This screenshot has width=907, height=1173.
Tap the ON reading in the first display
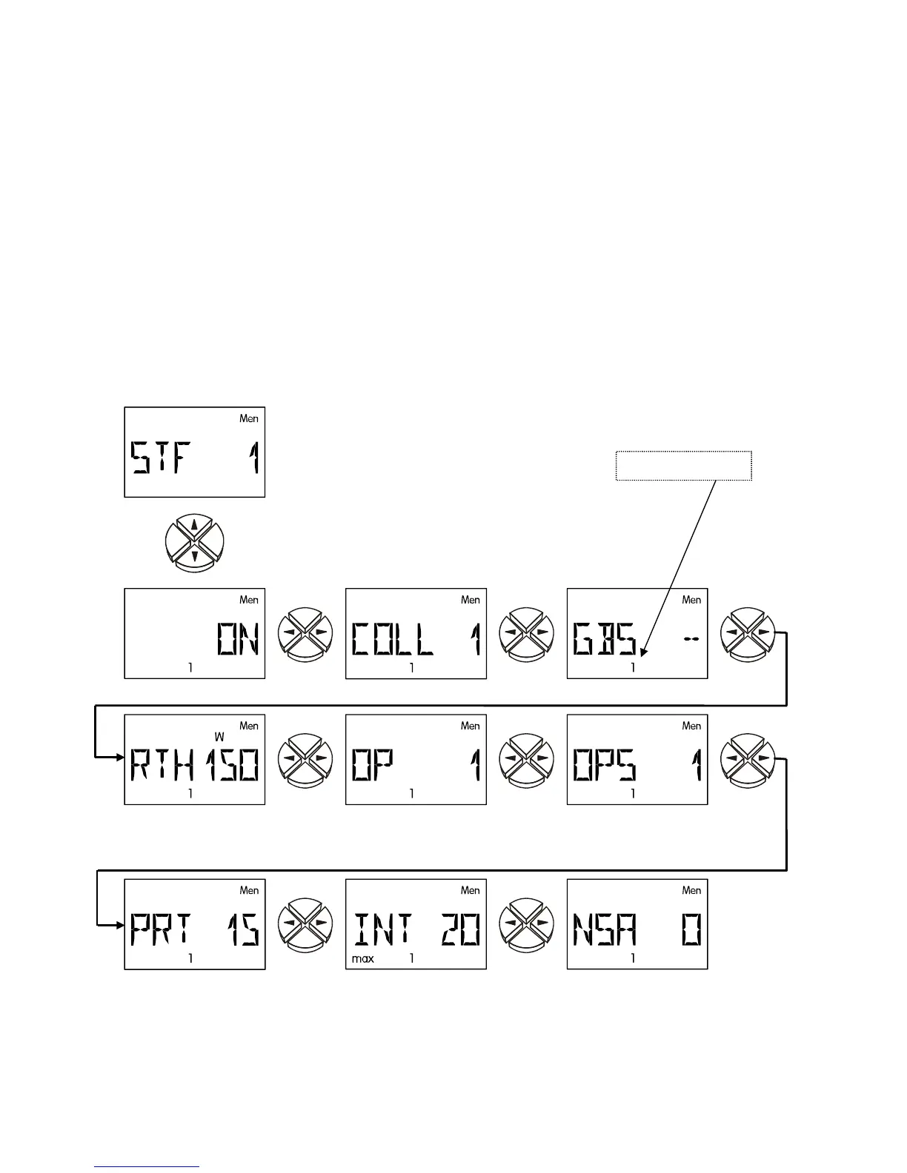[x=237, y=638]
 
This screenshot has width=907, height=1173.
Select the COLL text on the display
[x=392, y=639]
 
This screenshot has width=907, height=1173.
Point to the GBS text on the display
[x=605, y=639]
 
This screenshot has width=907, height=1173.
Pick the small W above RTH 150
[x=219, y=738]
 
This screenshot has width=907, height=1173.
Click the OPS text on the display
[x=604, y=765]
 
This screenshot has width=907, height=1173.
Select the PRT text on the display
[x=161, y=929]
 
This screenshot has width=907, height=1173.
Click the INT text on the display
[x=382, y=929]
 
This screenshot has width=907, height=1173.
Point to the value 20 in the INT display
[x=460, y=929]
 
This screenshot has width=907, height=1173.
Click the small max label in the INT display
[x=362, y=959]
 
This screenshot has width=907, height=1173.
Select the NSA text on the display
[x=604, y=929]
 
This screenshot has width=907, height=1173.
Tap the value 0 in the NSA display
[x=691, y=929]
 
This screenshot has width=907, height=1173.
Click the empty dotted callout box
[x=683, y=466]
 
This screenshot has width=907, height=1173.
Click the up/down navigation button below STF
[x=194, y=543]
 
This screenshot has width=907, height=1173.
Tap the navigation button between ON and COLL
[x=305, y=633]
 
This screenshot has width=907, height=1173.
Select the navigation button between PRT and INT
[x=305, y=924]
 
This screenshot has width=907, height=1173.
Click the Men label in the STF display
[x=249, y=418]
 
